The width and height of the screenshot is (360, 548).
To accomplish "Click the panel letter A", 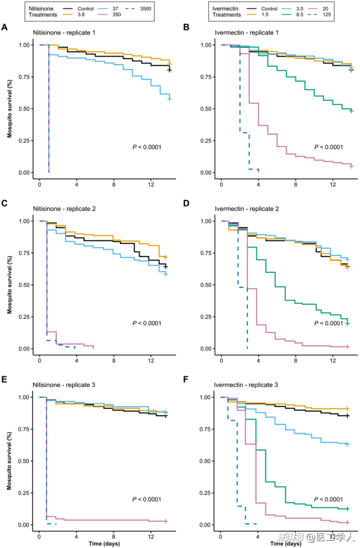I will click(x=4, y=27).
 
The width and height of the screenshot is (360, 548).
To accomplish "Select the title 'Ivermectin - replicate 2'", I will click(x=247, y=209).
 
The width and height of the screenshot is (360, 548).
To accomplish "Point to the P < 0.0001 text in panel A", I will click(x=146, y=148).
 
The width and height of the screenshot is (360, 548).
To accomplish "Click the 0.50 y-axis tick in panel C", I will click(x=24, y=285).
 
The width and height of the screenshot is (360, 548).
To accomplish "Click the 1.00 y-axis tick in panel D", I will click(x=206, y=221).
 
